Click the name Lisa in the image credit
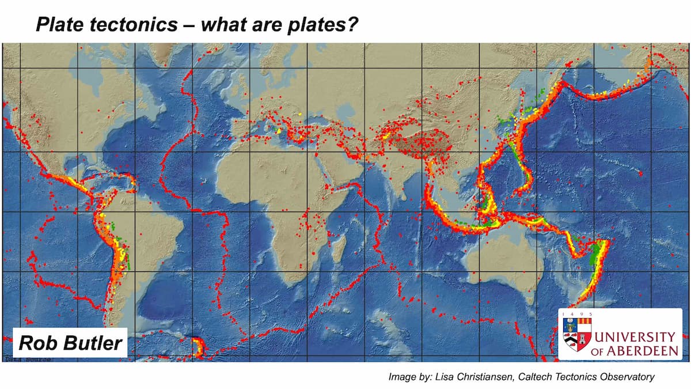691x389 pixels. coord(453,377)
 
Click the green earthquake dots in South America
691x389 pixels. coord(120,242)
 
